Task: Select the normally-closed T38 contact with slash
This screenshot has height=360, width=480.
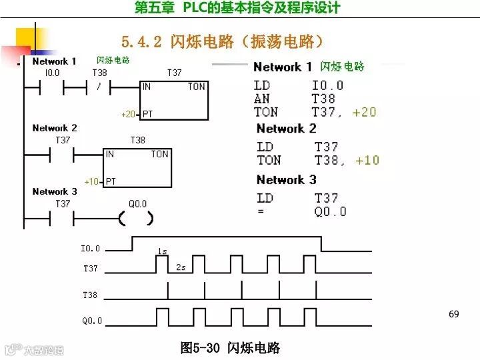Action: coord(98,87)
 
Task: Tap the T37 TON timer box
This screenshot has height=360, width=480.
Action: coord(174,101)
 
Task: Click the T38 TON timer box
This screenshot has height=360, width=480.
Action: coord(137,167)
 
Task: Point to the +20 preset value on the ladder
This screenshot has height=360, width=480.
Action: coord(128,114)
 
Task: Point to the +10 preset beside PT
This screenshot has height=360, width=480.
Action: coord(91,181)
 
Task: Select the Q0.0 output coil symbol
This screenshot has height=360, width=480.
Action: coord(136,218)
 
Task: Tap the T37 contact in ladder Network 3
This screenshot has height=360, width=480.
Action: coord(62,218)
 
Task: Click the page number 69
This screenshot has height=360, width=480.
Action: coord(454,314)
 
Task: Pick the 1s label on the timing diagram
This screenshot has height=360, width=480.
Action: coord(162,251)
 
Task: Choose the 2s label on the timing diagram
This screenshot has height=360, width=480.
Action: coord(181,267)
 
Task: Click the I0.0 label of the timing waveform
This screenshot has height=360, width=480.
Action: coord(90,249)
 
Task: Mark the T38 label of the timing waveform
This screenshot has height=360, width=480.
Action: coord(90,295)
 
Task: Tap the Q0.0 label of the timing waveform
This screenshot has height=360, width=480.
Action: coord(92,321)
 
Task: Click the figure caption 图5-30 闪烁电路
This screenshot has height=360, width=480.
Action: coord(230,348)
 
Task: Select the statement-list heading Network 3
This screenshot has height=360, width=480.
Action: coord(286,180)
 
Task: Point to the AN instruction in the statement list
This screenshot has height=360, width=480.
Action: coord(262,99)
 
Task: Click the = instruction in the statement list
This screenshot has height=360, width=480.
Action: coord(261,211)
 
